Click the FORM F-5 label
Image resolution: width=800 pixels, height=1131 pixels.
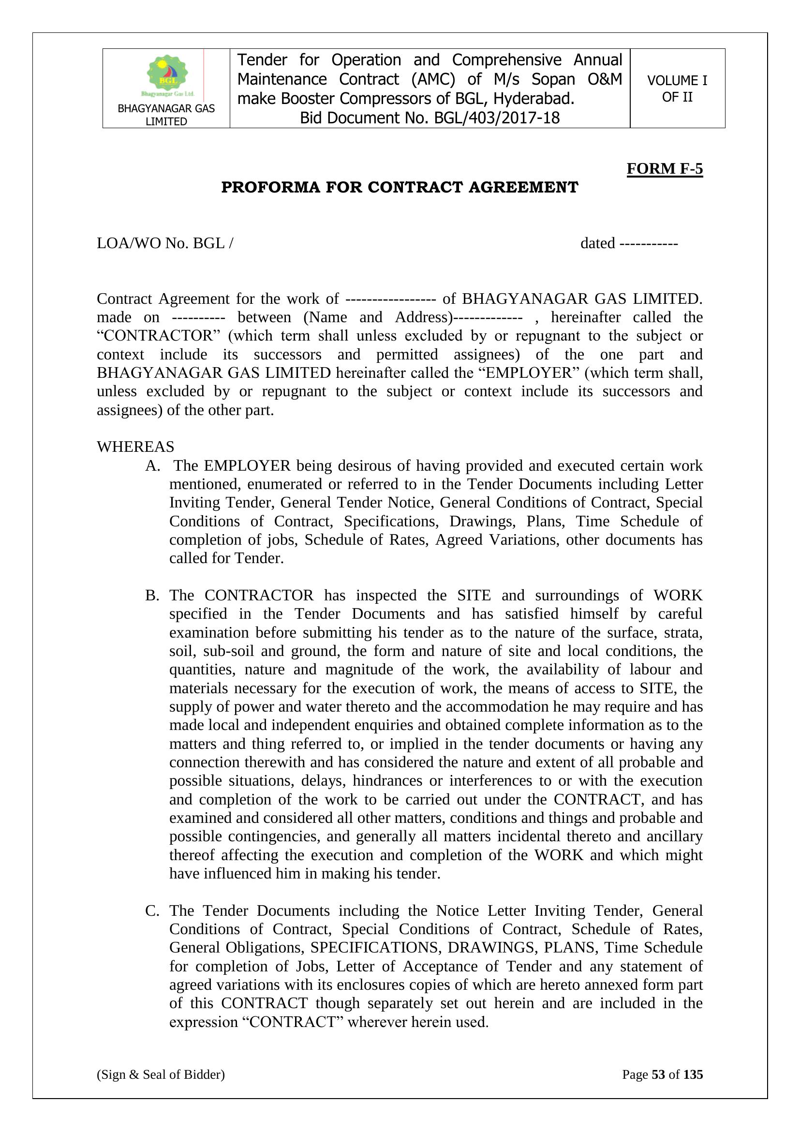[664, 168]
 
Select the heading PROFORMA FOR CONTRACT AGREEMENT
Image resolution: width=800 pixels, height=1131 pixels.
[400, 187]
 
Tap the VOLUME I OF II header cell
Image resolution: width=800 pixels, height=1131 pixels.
[677, 89]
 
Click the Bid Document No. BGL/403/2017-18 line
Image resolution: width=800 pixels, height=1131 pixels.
[430, 118]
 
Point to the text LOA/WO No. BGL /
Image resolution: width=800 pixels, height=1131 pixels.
[165, 243]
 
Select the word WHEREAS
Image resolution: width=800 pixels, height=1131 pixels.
[135, 447]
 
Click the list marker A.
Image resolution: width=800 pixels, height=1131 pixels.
[152, 465]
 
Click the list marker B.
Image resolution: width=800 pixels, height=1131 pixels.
[152, 595]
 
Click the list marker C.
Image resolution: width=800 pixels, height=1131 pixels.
[152, 910]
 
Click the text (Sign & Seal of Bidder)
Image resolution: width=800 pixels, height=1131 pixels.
[161, 1074]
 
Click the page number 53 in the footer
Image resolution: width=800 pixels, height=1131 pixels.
[658, 1074]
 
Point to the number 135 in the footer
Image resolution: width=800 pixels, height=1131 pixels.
[693, 1074]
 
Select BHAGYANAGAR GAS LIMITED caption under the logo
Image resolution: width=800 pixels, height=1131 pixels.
[166, 115]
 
